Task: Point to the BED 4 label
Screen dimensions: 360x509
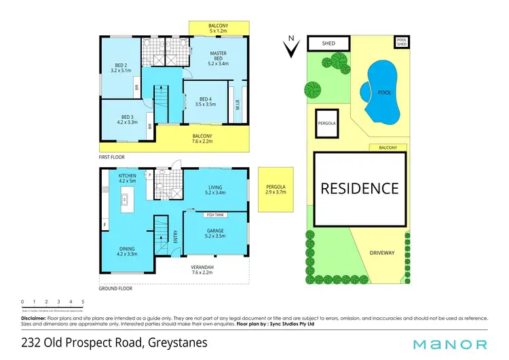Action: point(204,101)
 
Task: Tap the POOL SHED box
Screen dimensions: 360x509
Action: point(402,42)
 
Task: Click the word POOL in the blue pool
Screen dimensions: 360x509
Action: point(382,92)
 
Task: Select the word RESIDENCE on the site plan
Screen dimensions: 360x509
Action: point(360,189)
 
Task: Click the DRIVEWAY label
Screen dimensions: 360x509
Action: point(381,252)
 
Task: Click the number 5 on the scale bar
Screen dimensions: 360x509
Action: point(83,301)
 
